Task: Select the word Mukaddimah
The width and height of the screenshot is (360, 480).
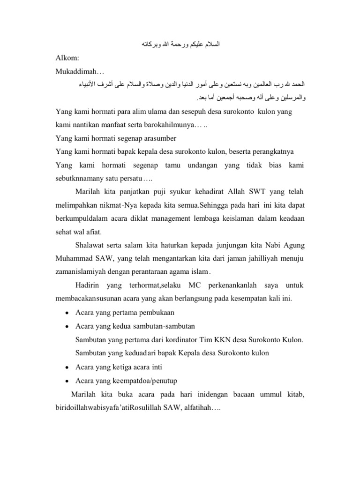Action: tap(77, 72)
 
